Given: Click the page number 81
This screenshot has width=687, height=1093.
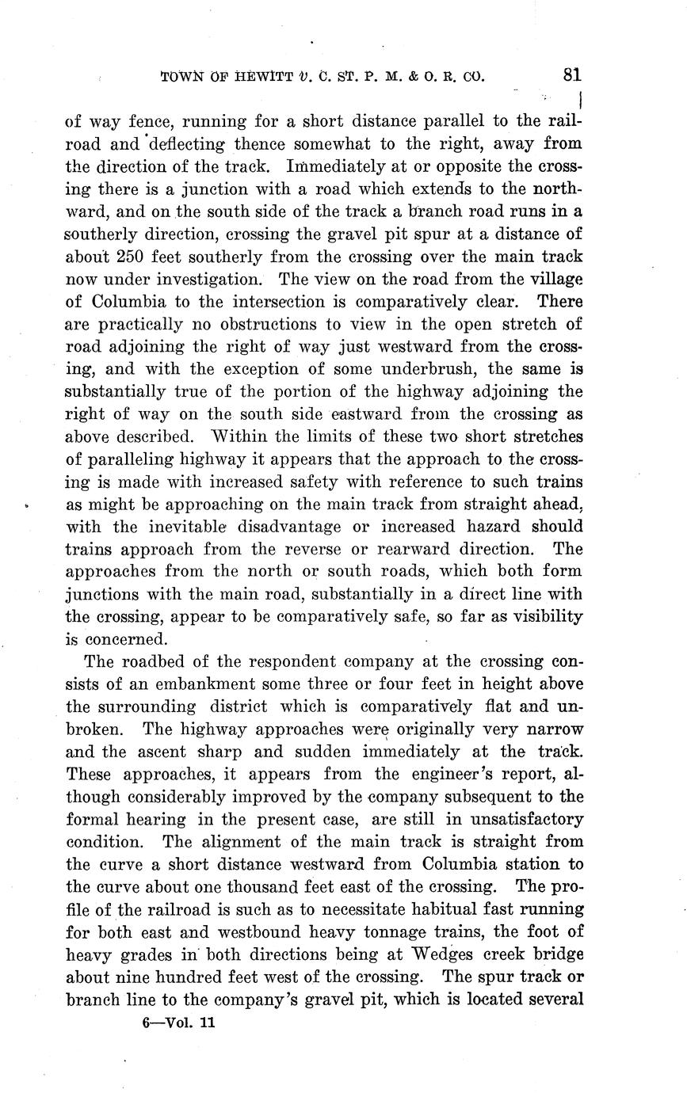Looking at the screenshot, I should (x=572, y=75).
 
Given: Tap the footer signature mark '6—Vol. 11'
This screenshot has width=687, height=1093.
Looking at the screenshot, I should (x=179, y=1022).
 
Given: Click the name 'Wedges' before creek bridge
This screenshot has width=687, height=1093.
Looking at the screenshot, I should (x=475, y=954).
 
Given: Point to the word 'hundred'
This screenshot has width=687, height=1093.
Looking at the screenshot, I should (x=204, y=977).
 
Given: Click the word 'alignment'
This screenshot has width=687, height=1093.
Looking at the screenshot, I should (x=235, y=841).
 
